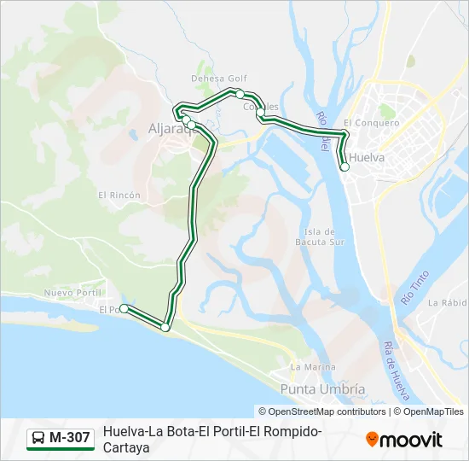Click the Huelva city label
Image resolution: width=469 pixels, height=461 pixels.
click(x=368, y=158)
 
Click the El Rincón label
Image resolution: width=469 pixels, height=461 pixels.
click(x=119, y=195)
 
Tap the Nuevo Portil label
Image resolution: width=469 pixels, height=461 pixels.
click(x=72, y=293)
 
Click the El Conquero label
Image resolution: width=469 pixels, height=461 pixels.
click(x=372, y=123)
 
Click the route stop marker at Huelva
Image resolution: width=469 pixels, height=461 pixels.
click(x=345, y=167)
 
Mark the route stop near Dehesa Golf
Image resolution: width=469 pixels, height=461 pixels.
click(x=240, y=93)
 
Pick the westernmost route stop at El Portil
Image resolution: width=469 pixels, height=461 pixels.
click(x=124, y=308)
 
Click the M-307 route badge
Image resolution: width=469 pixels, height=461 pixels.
click(x=61, y=438)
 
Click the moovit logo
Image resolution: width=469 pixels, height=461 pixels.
click(x=404, y=440)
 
